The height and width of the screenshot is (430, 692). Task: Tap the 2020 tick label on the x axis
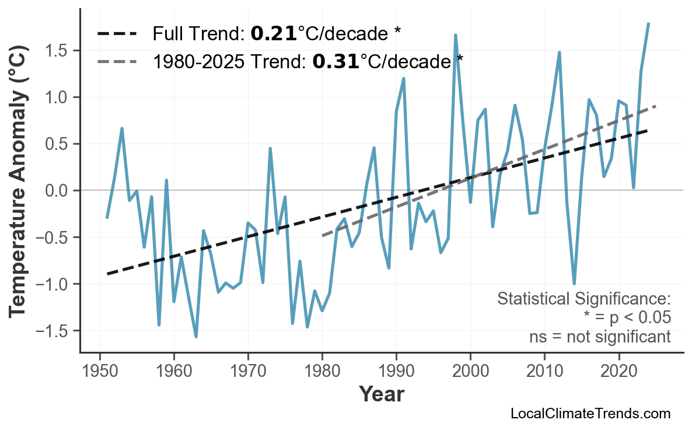(618, 372)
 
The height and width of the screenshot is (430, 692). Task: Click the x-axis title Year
(381, 395)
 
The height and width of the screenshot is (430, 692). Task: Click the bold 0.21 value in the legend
(274, 34)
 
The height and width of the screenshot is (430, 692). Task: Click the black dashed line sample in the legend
(117, 34)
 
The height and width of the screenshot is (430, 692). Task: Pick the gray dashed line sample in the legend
(117, 61)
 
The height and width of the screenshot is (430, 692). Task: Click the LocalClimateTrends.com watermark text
(590, 414)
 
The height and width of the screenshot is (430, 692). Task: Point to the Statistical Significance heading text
(583, 299)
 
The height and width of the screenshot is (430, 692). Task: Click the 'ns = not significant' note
(600, 337)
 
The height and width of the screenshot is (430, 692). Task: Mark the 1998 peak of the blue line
(456, 36)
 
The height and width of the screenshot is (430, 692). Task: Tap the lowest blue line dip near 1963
(196, 336)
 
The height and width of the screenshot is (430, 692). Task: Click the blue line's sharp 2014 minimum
(574, 284)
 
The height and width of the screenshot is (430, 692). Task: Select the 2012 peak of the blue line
(560, 53)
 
